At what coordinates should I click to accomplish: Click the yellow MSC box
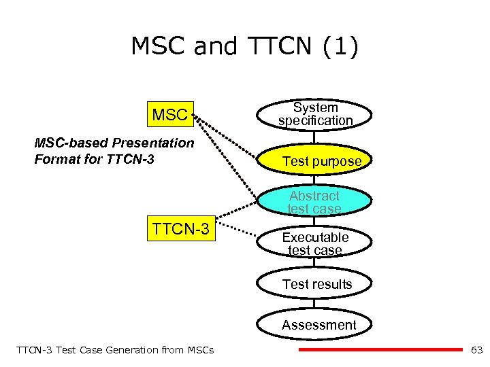tap(169, 115)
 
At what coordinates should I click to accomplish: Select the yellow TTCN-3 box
tap(180, 229)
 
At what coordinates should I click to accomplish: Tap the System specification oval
tap(315, 114)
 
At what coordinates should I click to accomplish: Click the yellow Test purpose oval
tap(316, 161)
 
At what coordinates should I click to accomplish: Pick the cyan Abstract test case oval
tap(314, 202)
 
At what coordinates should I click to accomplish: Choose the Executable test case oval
tap(315, 243)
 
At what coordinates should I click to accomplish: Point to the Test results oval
tap(317, 284)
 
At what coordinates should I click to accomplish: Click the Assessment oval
tap(318, 325)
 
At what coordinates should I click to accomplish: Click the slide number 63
tap(476, 350)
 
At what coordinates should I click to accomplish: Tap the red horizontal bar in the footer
tap(380, 350)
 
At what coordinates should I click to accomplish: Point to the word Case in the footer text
tap(87, 350)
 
